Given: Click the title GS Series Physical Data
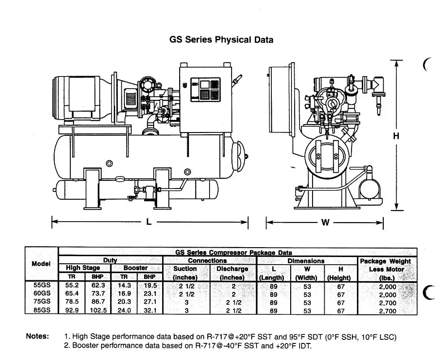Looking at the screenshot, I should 221,39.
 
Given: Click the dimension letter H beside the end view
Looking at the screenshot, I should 396,136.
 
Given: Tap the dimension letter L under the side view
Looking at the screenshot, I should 149,221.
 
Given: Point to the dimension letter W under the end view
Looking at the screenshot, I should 325,222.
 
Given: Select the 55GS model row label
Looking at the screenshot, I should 41,286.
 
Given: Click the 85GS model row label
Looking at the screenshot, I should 41,310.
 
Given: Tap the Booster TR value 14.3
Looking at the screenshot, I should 124,286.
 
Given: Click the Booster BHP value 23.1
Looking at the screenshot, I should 150,294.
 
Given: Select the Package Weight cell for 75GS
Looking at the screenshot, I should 387,303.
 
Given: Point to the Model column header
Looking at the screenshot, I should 41,264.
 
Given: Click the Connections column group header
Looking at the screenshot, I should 207,261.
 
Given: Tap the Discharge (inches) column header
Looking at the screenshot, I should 232,273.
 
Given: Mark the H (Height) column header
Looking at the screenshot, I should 341,273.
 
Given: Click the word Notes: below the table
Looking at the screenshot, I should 38,336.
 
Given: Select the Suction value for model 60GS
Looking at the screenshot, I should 186,294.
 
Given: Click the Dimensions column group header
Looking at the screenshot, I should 306,261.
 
